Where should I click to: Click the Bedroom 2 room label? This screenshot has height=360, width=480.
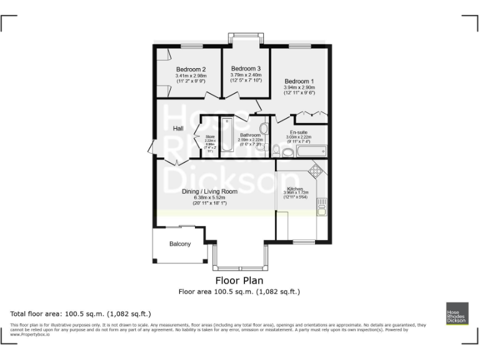tap(191, 69)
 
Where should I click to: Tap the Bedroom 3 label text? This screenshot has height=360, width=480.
tap(246, 68)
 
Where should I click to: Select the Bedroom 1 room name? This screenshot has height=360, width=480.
tap(299, 81)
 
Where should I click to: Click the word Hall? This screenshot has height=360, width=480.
tap(178, 128)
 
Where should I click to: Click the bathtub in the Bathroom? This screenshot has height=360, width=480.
tap(227, 135)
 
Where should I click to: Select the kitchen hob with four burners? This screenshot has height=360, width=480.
tap(316, 169)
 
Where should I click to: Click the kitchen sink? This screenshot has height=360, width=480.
tap(322, 206)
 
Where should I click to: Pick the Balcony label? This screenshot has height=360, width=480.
tap(180, 244)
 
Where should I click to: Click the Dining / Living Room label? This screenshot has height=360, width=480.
tap(209, 191)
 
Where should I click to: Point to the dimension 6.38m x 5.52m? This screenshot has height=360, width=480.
tap(209, 198)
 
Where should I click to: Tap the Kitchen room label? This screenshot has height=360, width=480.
tap(295, 189)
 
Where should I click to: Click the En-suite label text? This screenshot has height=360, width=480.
tap(297, 132)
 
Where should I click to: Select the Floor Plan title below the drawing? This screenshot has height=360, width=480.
tap(239, 281)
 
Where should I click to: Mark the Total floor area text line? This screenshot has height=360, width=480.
tap(81, 313)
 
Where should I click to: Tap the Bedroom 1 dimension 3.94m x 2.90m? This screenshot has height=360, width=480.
tap(299, 87)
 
